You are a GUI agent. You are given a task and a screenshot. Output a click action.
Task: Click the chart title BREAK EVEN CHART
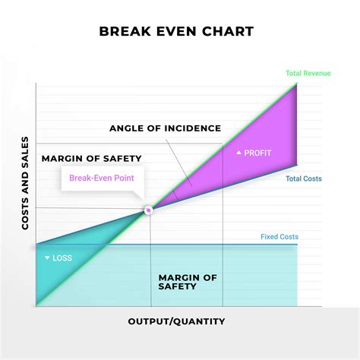point(176,32)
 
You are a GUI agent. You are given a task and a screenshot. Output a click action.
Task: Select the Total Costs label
point(304,179)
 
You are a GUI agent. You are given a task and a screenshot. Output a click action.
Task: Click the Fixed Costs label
point(279,237)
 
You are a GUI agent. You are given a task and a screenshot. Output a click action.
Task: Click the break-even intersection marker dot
point(149,209)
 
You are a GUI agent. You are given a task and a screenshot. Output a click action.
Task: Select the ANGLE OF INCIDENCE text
point(165,128)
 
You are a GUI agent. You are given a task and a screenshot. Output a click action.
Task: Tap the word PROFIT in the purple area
point(258,153)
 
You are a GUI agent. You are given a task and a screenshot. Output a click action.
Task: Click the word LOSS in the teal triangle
point(62,258)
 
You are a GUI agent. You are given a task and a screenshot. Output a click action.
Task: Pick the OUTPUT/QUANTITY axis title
point(176,321)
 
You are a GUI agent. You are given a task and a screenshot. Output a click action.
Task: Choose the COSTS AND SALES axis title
point(25,184)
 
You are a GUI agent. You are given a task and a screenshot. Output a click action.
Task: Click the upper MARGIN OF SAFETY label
point(91,158)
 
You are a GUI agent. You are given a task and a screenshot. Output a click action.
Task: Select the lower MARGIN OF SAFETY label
point(187,281)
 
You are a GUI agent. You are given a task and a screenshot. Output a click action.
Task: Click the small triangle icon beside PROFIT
point(239,153)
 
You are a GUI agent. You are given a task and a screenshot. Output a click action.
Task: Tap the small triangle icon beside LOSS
point(47,258)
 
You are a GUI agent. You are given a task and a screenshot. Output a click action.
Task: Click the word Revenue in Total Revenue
point(318,74)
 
